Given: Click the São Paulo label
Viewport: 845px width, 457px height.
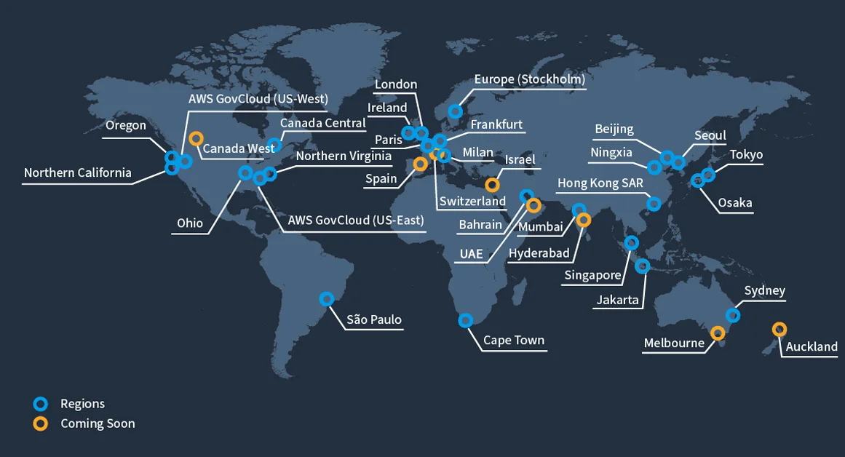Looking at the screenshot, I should pyautogui.click(x=374, y=319).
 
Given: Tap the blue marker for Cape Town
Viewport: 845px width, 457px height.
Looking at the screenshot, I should pyautogui.click(x=466, y=320).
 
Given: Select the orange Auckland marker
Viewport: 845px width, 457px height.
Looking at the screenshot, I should pyautogui.click(x=779, y=329).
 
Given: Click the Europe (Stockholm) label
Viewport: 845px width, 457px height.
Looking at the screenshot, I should pyautogui.click(x=529, y=79).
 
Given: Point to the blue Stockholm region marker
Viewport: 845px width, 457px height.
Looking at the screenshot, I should pyautogui.click(x=455, y=111).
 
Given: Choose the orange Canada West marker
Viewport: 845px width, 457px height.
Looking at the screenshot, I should pyautogui.click(x=195, y=138).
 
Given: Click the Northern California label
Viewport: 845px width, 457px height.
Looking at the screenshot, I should pyautogui.click(x=78, y=172).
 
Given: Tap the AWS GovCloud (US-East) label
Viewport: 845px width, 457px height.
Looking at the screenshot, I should pyautogui.click(x=356, y=220).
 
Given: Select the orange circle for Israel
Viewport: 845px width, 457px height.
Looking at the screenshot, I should pyautogui.click(x=492, y=185).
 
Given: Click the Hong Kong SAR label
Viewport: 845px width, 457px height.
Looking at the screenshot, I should pyautogui.click(x=600, y=183).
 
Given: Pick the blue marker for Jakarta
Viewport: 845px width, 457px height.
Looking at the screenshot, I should pyautogui.click(x=642, y=266).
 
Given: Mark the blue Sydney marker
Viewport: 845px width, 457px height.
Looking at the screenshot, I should pyautogui.click(x=733, y=315).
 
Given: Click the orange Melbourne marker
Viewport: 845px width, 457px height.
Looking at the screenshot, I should pyautogui.click(x=718, y=333).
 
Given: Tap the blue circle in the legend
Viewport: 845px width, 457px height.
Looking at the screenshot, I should pyautogui.click(x=41, y=403).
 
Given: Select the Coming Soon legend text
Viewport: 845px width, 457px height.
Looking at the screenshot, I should pyautogui.click(x=98, y=423).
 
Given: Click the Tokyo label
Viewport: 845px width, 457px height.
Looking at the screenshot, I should pyautogui.click(x=746, y=154).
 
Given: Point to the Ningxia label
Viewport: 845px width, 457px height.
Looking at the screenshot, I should pyautogui.click(x=611, y=153).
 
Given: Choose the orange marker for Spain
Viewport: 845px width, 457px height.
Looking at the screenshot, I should pyautogui.click(x=420, y=164).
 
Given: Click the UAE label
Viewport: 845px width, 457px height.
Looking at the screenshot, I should pyautogui.click(x=471, y=255).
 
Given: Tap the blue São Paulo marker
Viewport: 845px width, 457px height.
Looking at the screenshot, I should pyautogui.click(x=327, y=298).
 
